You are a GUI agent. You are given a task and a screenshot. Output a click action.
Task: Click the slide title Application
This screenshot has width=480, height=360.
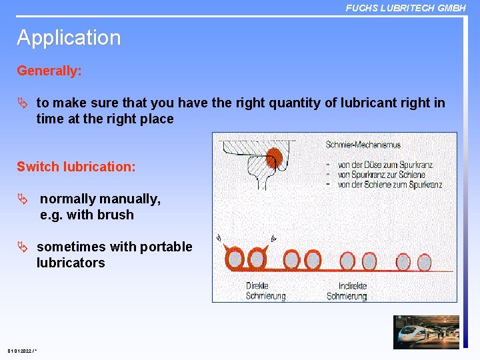(69, 38)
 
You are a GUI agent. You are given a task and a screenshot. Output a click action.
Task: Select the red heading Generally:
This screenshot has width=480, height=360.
(49, 71)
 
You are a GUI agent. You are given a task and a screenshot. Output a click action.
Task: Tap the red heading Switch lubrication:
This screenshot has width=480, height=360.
(76, 167)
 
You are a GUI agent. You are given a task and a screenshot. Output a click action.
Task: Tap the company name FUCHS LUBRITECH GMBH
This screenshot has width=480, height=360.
(405, 8)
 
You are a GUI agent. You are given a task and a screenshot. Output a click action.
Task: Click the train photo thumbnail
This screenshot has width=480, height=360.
(426, 332)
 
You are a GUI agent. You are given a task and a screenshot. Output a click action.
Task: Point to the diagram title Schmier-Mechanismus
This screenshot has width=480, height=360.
(363, 145)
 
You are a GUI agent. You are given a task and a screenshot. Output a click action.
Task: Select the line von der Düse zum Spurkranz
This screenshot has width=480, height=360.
(386, 166)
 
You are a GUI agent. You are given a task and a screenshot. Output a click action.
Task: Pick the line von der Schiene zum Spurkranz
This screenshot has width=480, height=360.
(389, 185)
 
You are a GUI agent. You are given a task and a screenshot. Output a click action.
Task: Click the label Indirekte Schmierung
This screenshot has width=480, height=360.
(346, 291)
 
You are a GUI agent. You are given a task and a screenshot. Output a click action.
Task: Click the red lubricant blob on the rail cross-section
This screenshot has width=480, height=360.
(273, 159)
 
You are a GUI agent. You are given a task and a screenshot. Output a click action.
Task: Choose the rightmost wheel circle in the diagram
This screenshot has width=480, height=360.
(425, 262)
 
